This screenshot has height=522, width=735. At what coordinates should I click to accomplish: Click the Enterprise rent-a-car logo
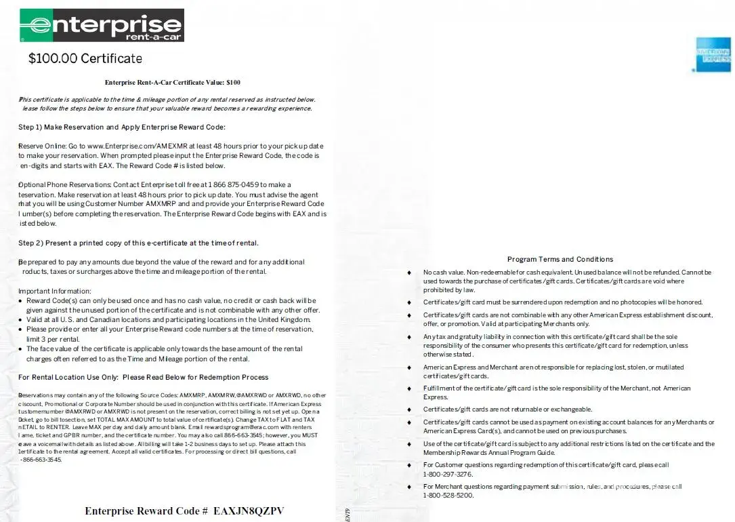click(x=102, y=25)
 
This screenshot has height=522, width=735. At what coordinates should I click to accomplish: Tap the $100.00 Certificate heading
click(x=85, y=59)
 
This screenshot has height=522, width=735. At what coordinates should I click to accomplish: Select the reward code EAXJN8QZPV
click(x=249, y=510)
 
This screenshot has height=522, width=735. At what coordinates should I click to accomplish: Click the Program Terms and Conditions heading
click(x=560, y=259)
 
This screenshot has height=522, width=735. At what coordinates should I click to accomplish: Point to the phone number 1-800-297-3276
click(x=448, y=475)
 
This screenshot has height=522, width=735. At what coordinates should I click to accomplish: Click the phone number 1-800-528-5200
click(x=448, y=496)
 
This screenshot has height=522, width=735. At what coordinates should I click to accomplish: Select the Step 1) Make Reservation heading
click(x=122, y=127)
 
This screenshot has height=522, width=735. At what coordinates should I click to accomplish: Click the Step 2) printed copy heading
click(x=138, y=243)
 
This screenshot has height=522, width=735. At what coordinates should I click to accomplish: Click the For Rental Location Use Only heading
click(x=143, y=377)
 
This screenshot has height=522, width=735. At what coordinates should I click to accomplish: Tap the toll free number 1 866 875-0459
click(x=237, y=184)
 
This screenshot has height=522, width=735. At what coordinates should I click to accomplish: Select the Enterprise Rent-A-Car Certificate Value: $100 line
click(x=172, y=83)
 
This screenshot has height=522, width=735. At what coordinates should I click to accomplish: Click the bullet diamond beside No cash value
click(x=409, y=273)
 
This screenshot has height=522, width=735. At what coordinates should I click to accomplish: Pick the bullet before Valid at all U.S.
click(x=21, y=320)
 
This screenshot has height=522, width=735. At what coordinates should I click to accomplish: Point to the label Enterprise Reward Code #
click(x=146, y=510)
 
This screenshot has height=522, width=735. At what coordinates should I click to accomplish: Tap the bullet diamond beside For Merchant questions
click(x=409, y=487)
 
